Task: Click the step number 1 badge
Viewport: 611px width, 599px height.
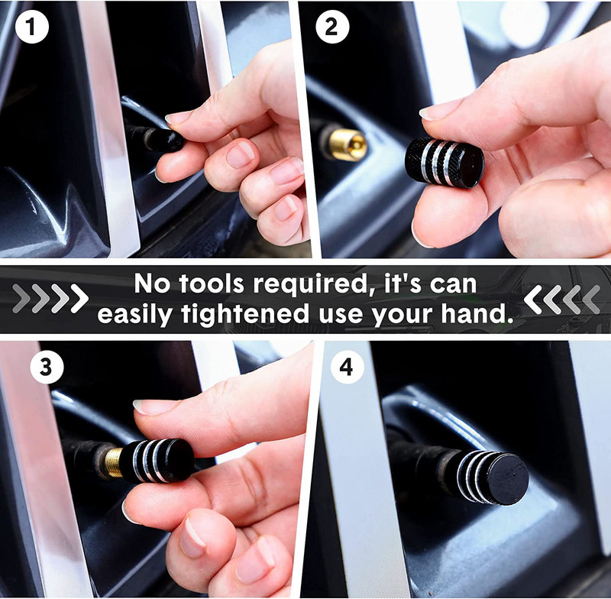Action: [32, 27]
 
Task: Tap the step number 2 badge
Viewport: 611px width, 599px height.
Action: [332, 27]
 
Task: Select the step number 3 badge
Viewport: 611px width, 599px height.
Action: [47, 367]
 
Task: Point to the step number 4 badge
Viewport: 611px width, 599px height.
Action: [348, 367]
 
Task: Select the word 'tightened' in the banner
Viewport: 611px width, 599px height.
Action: [245, 315]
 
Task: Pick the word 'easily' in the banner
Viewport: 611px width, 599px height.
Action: [135, 315]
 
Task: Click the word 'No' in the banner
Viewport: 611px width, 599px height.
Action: [152, 283]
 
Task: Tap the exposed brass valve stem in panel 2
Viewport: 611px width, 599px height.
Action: [347, 145]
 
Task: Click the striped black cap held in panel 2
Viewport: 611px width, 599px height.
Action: [445, 162]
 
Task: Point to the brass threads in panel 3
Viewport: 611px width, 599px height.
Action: [113, 462]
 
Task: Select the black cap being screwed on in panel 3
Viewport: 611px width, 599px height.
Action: [157, 461]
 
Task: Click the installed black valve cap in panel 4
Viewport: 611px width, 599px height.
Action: [492, 477]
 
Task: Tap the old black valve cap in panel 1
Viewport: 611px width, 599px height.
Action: [163, 140]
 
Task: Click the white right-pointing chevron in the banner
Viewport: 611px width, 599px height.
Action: [79, 299]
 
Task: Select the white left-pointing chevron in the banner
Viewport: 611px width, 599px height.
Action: [533, 299]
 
